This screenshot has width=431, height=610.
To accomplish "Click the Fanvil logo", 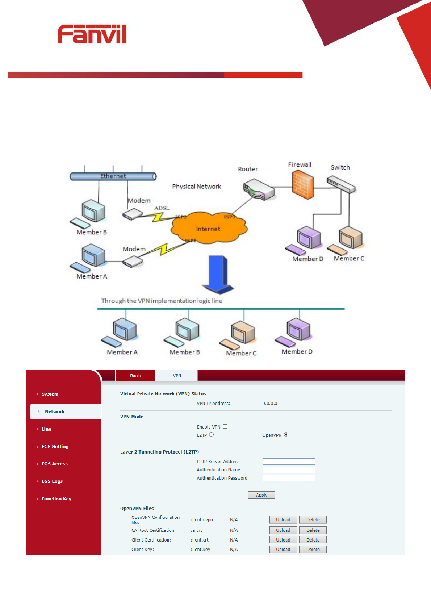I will pyautogui.click(x=92, y=34).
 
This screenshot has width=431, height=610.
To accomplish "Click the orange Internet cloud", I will pyautogui.click(x=209, y=228).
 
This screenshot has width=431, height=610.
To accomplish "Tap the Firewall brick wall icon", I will pyautogui.click(x=302, y=185).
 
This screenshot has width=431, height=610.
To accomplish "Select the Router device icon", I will pyautogui.click(x=259, y=189).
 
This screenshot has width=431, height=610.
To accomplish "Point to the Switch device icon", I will pyautogui.click(x=340, y=184).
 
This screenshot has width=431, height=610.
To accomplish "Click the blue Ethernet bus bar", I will pyautogui.click(x=113, y=176).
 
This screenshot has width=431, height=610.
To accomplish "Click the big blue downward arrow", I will pyautogui.click(x=218, y=274).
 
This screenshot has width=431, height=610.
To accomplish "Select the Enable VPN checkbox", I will pyautogui.click(x=225, y=426).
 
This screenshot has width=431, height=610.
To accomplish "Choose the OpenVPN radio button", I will pyautogui.click(x=286, y=435).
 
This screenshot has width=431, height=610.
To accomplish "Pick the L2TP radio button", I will pyautogui.click(x=212, y=435).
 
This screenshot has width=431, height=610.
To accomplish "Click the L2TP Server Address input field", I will pyautogui.click(x=289, y=461).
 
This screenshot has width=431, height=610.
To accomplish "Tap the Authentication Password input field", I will pyautogui.click(x=289, y=478).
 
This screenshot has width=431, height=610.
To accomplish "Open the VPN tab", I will pyautogui.click(x=177, y=376).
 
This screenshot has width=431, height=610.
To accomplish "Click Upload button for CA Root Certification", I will pyautogui.click(x=283, y=530).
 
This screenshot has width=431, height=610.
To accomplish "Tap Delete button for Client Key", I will pyautogui.click(x=313, y=550).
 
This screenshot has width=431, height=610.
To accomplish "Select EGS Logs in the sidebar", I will pyautogui.click(x=52, y=481).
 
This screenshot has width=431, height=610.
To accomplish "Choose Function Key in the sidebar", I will pyautogui.click(x=57, y=499).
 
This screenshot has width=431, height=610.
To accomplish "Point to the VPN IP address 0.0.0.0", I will pyautogui.click(x=270, y=404).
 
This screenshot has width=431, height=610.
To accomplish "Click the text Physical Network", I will pyautogui.click(x=196, y=187).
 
